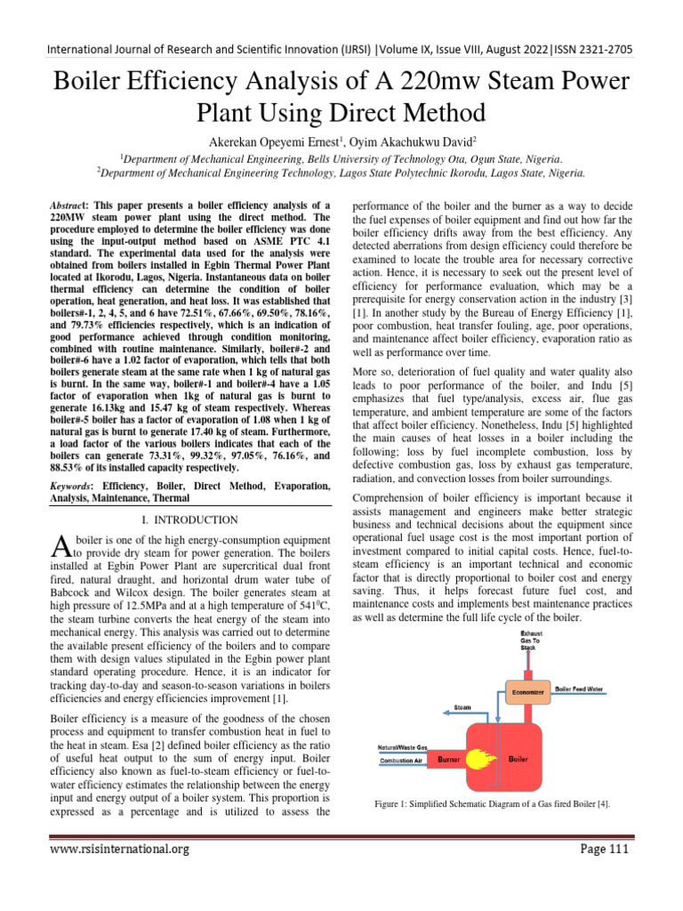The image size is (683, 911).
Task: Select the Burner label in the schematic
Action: point(449,761)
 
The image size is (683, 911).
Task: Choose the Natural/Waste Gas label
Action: point(403,747)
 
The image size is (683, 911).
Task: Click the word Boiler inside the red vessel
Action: point(518,761)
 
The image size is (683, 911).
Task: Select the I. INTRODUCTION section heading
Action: point(189,520)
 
